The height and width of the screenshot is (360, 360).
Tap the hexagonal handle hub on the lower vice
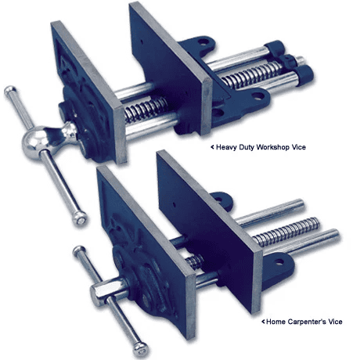point(103,291)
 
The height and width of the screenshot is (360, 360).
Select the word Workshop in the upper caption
point(273,147)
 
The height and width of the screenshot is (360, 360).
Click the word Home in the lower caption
point(275,322)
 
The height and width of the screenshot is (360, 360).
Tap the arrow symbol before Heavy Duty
point(212,147)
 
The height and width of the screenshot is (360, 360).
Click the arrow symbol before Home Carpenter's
point(263,322)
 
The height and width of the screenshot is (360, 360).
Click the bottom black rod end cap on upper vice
point(304,75)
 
